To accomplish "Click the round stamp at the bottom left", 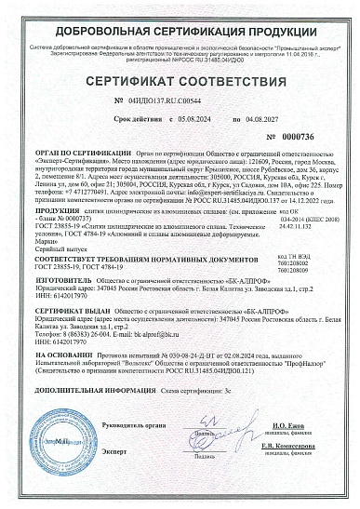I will tap(75, 460).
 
